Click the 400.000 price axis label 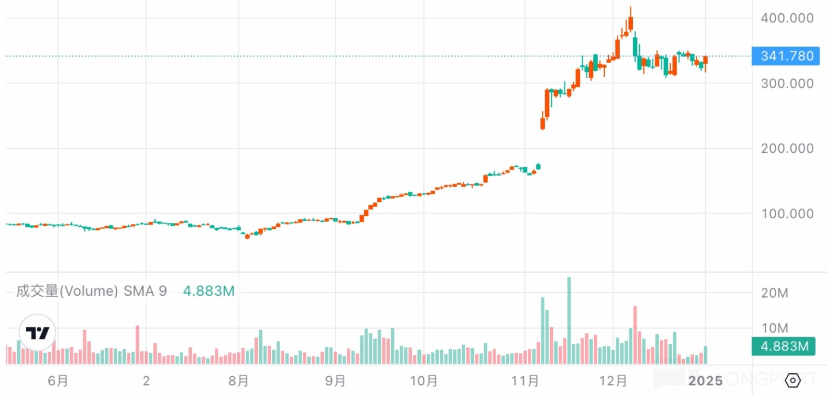(787, 18)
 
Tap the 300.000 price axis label (787, 83)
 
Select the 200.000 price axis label (787, 148)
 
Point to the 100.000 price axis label (787, 214)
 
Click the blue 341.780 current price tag (787, 56)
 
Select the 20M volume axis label (775, 293)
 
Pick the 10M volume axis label (775, 329)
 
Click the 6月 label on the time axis (58, 381)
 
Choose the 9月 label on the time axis (335, 381)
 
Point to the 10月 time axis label (424, 381)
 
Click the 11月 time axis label (524, 381)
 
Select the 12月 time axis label (613, 381)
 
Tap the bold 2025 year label (706, 381)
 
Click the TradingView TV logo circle (38, 333)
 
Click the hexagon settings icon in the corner (793, 380)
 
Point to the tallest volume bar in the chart (569, 320)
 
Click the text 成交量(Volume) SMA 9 (91, 291)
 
